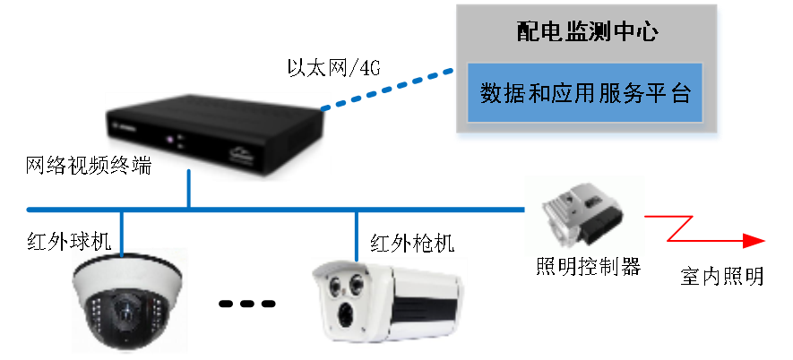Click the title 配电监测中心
coord(587,34)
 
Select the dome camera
coord(131,300)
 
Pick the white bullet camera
coord(389,303)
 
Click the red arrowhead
coord(754,240)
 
